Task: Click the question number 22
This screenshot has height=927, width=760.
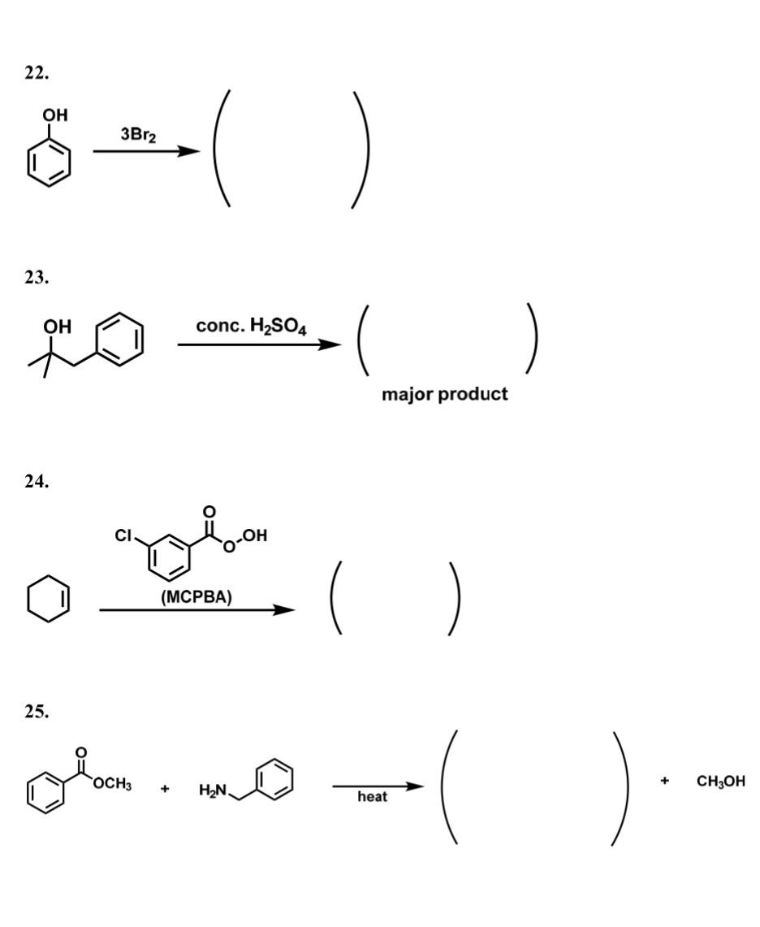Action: pos(37,73)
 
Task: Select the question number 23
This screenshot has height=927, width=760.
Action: pos(37,277)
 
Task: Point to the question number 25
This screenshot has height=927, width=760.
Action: pos(37,712)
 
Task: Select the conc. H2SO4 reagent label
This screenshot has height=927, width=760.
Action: pos(251,327)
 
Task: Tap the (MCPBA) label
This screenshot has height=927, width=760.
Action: pos(196,597)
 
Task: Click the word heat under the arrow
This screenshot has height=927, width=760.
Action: pos(372,797)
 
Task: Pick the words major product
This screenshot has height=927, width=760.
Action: pos(445,394)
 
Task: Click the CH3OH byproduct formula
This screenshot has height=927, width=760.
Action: pos(720,782)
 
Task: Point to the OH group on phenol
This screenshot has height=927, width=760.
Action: pos(55,115)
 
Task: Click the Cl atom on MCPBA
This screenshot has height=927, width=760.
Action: pos(123,536)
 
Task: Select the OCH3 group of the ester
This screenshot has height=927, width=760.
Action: pos(113,785)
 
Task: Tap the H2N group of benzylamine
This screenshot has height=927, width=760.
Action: pos(213,789)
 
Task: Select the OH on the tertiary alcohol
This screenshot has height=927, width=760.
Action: pos(57,327)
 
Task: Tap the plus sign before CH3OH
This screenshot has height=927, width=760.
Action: pos(665,782)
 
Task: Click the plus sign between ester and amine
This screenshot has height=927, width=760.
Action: pos(165,788)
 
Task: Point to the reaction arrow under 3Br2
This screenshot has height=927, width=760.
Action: pos(146,151)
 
